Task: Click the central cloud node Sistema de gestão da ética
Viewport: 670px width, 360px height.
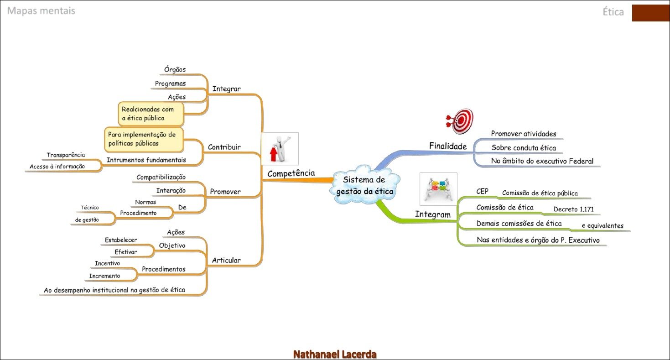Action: (x=364, y=186)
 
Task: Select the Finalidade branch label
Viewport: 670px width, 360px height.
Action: (x=448, y=146)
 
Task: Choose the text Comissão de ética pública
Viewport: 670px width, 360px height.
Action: (x=540, y=193)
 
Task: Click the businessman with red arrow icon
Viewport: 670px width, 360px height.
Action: (x=280, y=149)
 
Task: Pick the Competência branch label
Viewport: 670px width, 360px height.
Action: (x=291, y=173)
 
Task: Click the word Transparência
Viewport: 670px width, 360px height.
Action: (x=66, y=155)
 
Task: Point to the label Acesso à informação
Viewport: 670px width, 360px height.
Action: (x=57, y=167)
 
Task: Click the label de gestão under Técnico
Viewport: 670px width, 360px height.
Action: (x=87, y=219)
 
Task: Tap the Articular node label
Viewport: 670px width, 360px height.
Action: (x=226, y=261)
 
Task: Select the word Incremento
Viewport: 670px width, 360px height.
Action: (x=104, y=276)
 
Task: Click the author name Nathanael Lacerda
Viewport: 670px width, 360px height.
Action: (x=335, y=354)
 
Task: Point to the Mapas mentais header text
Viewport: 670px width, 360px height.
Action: (x=41, y=10)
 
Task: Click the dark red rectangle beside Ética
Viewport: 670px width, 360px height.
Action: (x=650, y=13)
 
